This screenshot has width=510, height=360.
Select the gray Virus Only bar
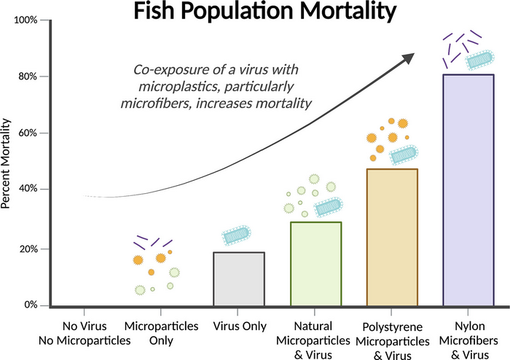click(x=239, y=278)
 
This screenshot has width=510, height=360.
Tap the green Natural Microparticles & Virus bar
click(x=316, y=264)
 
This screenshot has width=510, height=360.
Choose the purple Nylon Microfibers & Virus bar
click(x=468, y=189)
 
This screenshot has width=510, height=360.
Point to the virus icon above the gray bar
click(x=236, y=235)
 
